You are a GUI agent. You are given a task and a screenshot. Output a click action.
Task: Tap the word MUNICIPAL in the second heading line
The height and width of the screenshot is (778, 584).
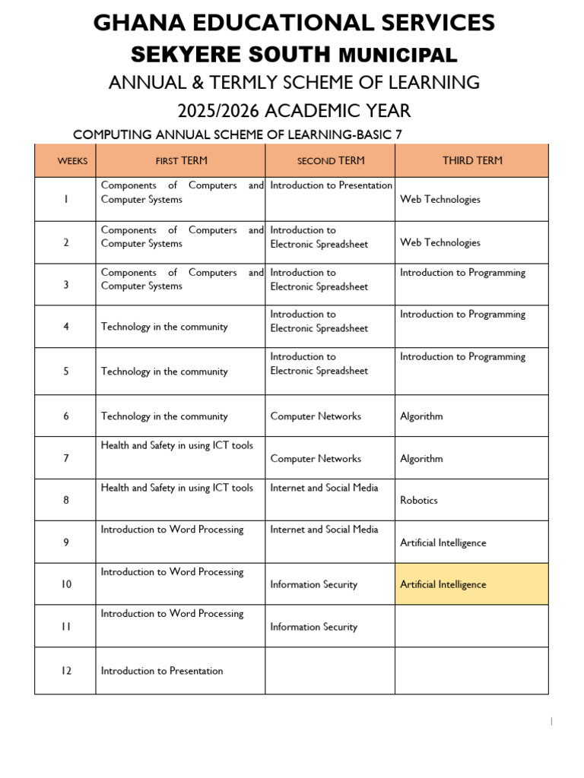(397, 55)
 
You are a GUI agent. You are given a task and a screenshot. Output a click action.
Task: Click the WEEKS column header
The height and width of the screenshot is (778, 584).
(72, 161)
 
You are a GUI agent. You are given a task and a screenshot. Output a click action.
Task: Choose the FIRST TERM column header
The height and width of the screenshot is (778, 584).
(181, 161)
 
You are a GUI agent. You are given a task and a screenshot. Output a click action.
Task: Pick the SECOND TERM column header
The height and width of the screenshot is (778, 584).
(330, 161)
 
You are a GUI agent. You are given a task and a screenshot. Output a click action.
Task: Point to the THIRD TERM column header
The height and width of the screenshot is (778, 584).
(472, 160)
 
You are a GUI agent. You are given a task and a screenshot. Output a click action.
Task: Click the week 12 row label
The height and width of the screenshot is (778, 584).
(65, 671)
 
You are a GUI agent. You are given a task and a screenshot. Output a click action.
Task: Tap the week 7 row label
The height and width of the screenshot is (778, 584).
(65, 459)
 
